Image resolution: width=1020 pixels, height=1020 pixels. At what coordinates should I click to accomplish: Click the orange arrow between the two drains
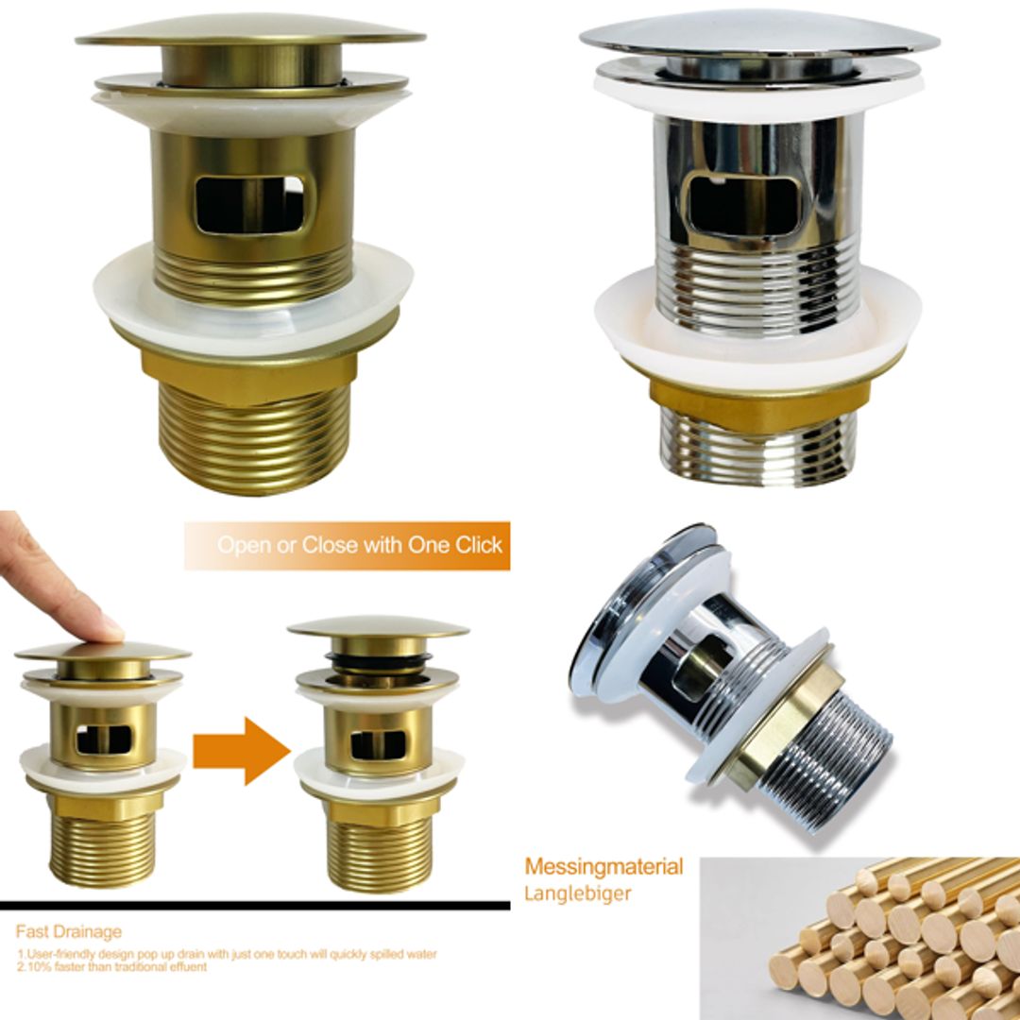[x=241, y=750]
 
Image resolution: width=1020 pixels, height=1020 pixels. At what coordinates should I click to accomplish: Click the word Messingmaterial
[x=603, y=867]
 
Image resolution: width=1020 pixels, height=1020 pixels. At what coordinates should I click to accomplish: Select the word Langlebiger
[x=577, y=893]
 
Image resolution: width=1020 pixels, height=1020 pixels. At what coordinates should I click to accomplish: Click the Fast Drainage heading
[x=68, y=932]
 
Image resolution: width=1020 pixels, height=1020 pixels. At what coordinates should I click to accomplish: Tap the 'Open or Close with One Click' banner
[x=348, y=546]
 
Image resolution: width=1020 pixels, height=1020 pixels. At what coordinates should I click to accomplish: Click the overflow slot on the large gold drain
[x=249, y=203]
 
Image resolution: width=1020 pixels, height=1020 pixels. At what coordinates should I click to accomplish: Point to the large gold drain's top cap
[x=250, y=33]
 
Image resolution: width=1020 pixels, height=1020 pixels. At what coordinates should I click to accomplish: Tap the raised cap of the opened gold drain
[x=378, y=627]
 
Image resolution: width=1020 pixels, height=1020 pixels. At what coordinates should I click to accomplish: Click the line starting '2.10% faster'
[x=113, y=967]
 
